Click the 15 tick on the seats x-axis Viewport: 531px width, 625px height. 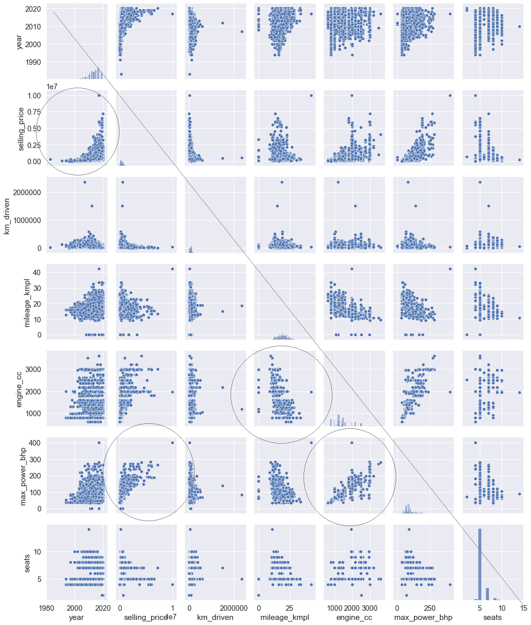pyautogui.click(x=523, y=608)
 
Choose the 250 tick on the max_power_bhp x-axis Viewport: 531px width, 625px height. pyautogui.click(x=430, y=608)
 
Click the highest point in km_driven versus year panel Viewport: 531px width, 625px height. pyautogui.click(x=85, y=182)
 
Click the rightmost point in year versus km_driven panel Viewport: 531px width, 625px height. pyautogui.click(x=242, y=31)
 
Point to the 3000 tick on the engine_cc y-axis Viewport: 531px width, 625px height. pyautogui.click(x=31, y=370)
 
